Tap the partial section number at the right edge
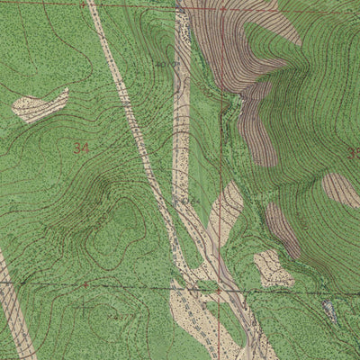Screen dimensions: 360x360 tap(354, 153)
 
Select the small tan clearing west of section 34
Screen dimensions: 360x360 tap(40, 105)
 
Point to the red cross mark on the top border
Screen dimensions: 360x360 tap(83, 4)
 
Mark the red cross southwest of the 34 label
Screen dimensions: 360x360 tap(85, 284)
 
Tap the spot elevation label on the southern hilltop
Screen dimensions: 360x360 tap(118, 317)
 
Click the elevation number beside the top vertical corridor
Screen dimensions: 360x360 tap(164, 65)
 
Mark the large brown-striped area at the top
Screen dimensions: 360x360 tap(234, 40)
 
